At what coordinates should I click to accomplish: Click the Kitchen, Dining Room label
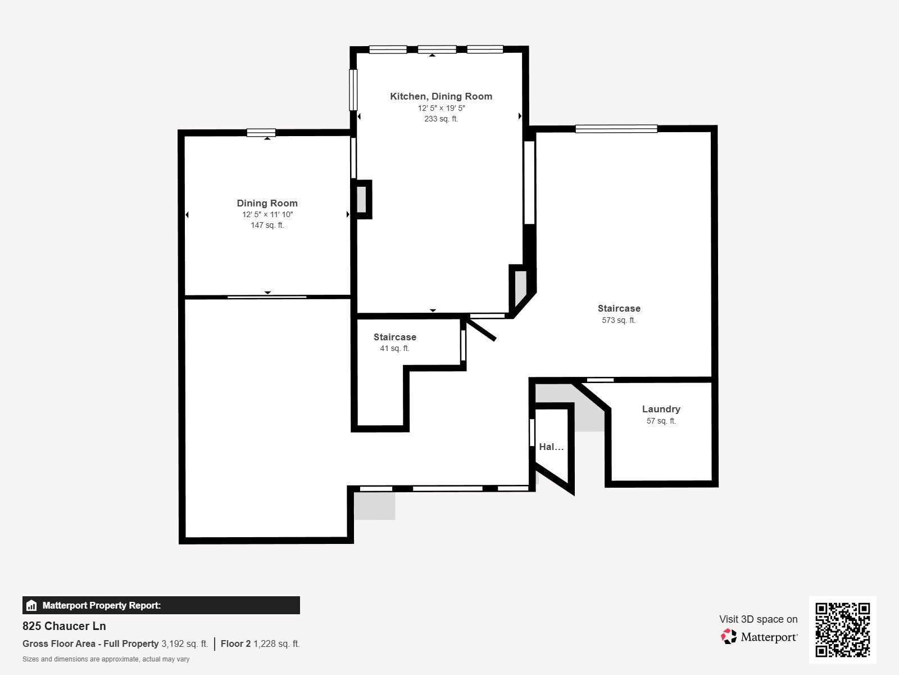point(441,96)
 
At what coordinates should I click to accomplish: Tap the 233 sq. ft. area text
point(441,119)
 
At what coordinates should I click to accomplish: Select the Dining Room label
point(267,203)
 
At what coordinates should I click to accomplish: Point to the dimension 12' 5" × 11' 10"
point(267,214)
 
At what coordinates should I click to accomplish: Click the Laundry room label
point(661,409)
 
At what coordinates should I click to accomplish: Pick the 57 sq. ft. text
point(661,421)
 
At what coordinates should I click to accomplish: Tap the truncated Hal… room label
point(551,447)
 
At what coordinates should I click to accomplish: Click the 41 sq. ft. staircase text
point(394,348)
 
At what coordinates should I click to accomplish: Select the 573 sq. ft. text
point(619,320)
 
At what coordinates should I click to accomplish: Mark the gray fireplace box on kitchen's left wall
point(361,199)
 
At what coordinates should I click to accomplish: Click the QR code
point(842,629)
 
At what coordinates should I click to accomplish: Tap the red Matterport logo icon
point(729,636)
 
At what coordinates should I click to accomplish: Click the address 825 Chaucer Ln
point(64,626)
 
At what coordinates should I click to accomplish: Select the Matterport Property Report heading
point(101,605)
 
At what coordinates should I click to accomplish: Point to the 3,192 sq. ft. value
point(184,643)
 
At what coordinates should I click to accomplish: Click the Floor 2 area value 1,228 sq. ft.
point(276,643)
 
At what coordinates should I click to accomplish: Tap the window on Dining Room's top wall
point(261,133)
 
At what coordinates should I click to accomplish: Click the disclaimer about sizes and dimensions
point(106,659)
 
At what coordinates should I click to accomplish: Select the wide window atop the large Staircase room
point(616,129)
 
